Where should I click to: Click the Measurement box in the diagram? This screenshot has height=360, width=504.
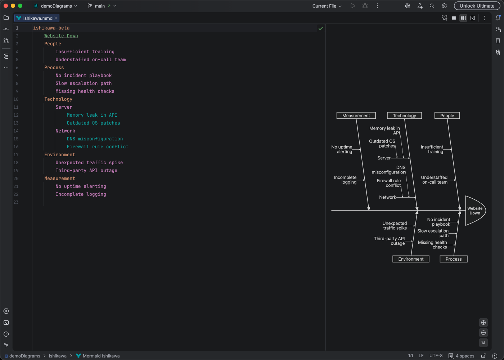pos(356,116)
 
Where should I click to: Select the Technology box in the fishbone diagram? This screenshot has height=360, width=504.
pos(404,116)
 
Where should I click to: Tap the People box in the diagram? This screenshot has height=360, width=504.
pos(447,116)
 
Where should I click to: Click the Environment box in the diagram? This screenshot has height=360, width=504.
pos(411,259)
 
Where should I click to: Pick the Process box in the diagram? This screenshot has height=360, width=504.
pos(453,259)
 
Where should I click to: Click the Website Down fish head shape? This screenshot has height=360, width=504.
pos(474,211)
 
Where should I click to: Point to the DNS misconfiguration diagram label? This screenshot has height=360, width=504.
pos(389,170)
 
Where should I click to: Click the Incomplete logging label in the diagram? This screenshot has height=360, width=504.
pos(345,180)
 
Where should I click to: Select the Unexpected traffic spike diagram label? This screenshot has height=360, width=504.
pos(395,225)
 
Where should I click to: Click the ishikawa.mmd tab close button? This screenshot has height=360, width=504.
pos(56,18)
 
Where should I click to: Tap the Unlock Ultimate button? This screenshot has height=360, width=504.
pos(477,6)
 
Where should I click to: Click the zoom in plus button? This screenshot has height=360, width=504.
pos(483,323)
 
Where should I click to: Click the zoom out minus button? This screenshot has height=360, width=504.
pos(483,333)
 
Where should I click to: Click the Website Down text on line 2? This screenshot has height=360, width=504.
pos(61,36)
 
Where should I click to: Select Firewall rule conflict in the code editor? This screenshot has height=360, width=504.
pos(97,147)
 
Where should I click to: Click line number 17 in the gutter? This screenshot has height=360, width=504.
pos(16,154)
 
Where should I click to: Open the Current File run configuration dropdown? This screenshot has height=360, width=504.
pos(327,6)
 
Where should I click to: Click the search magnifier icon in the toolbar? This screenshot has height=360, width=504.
pos(432,6)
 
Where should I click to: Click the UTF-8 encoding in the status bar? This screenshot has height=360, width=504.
pos(436,356)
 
